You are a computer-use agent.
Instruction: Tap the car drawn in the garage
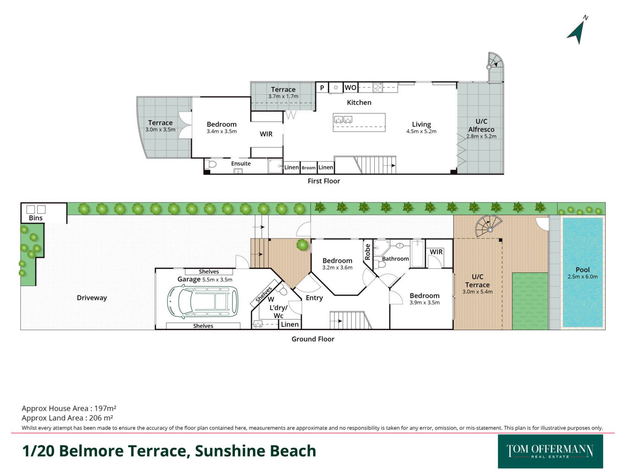coord(203,302)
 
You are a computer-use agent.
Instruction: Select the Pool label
coord(583,270)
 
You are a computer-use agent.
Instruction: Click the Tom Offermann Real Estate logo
coord(550,451)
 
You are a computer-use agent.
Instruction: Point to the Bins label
coord(36,218)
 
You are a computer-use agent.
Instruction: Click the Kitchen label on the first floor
coord(359,102)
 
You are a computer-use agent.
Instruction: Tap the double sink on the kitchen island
coord(343,120)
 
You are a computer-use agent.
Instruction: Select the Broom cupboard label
coord(308,168)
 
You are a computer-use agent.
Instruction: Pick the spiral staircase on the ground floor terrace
coord(489,226)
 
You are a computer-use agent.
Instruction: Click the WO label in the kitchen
coord(350,87)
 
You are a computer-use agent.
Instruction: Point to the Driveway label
coord(92,298)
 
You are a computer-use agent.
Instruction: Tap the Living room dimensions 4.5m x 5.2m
coord(421,132)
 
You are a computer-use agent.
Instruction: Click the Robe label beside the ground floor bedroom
coord(368,252)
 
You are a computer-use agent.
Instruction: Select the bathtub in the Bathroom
coord(418,253)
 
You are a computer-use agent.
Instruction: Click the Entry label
coord(314,298)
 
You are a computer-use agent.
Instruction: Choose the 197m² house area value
coord(105,408)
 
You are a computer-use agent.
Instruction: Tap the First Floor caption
coord(324,181)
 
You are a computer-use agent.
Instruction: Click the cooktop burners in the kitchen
coord(378,87)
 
